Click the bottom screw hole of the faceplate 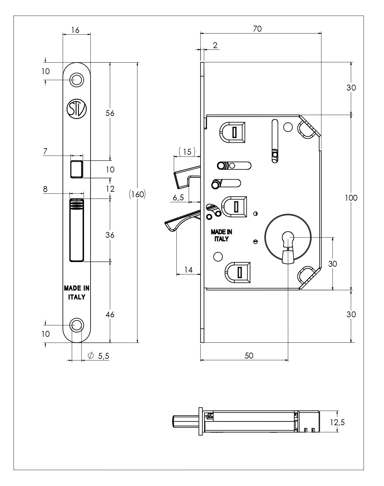tap(77, 325)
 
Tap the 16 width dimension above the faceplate tap(75, 30)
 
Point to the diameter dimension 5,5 tap(103, 356)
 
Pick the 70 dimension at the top tap(257, 29)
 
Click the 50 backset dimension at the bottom tap(249, 356)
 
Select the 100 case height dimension tap(351, 198)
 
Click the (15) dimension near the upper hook tap(187, 152)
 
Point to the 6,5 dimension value tap(178, 198)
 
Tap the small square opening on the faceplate tap(77, 169)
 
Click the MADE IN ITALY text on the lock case tap(221, 235)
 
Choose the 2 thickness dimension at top tap(215, 45)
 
